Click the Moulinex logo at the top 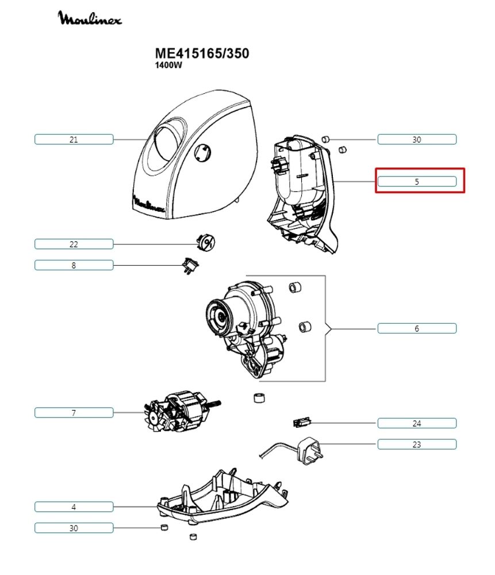90,19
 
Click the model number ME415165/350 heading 202,53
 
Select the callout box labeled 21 74,139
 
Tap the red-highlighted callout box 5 417,181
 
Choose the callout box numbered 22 74,244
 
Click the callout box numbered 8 74,265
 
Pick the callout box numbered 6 417,328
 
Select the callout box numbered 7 74,412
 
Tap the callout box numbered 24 417,423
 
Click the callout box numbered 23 417,444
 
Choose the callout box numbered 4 74,507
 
